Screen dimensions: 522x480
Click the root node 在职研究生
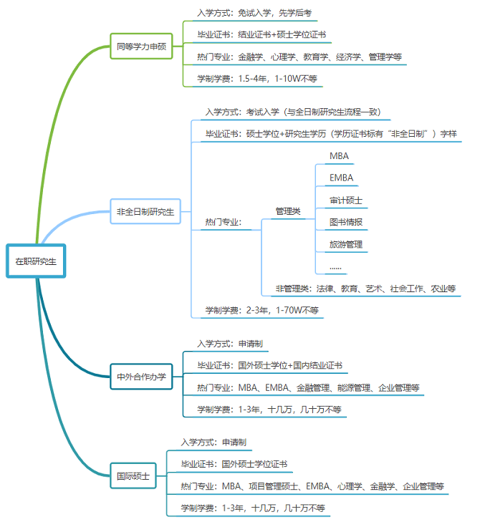pyautogui.click(x=36, y=261)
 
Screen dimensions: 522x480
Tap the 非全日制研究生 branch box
pyautogui.click(x=145, y=211)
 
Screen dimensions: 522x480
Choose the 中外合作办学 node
pyautogui.click(x=141, y=377)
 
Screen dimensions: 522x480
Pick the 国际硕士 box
pyautogui.click(x=133, y=475)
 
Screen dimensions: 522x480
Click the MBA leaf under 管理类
pyautogui.click(x=340, y=156)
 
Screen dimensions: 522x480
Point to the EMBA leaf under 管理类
pyautogui.click(x=342, y=178)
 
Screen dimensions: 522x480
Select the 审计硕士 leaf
pyautogui.click(x=346, y=200)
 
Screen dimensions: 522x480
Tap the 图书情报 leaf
pyautogui.click(x=346, y=222)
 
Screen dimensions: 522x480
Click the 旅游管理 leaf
pyautogui.click(x=346, y=244)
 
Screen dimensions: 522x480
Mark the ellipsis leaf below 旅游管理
pyautogui.click(x=335, y=266)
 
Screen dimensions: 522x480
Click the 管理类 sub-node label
pyautogui.click(x=288, y=211)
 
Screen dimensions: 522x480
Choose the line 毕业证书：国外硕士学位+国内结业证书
pyautogui.click(x=269, y=365)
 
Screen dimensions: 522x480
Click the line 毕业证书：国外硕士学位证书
pyautogui.click(x=234, y=464)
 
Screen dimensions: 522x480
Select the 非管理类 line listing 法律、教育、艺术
pyautogui.click(x=365, y=289)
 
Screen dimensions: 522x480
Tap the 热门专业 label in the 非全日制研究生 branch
pyautogui.click(x=224, y=222)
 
